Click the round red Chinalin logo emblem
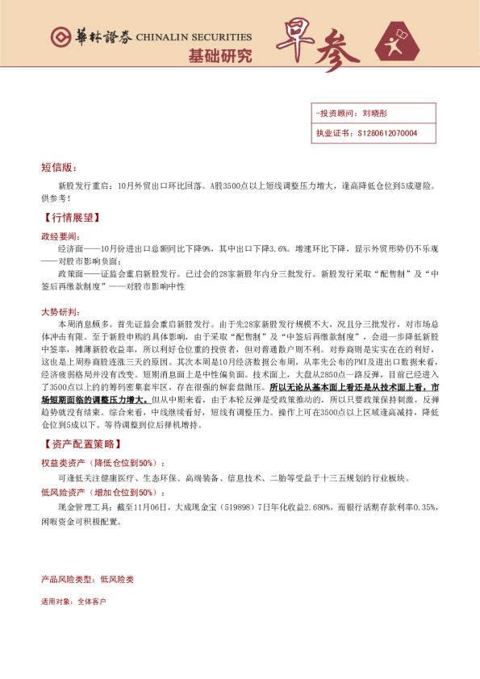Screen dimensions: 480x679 [x=59, y=37]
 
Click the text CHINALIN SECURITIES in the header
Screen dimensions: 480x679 [x=194, y=37]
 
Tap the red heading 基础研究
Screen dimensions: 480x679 [x=219, y=56]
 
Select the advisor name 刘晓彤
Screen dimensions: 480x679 [x=377, y=115]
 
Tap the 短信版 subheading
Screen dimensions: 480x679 [x=58, y=168]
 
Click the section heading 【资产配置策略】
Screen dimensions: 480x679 [x=81, y=444]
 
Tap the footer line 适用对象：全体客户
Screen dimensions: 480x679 [x=73, y=602]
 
